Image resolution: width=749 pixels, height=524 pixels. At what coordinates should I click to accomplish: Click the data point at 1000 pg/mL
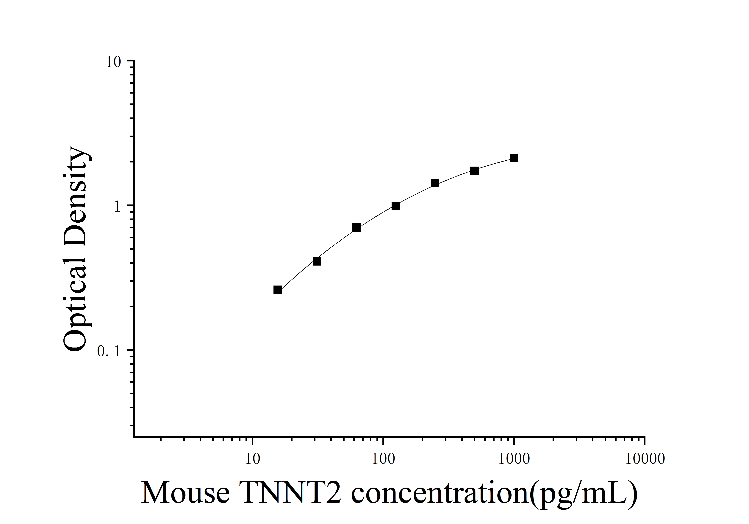[x=514, y=158]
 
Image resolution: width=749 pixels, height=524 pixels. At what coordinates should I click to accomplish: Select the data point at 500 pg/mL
[x=474, y=171]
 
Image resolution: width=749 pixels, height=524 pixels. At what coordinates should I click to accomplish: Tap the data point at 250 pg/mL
[x=435, y=183]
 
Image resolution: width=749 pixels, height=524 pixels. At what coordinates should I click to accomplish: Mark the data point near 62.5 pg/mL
[x=356, y=228]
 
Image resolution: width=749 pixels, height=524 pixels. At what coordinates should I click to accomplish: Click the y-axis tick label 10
[x=113, y=62]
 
